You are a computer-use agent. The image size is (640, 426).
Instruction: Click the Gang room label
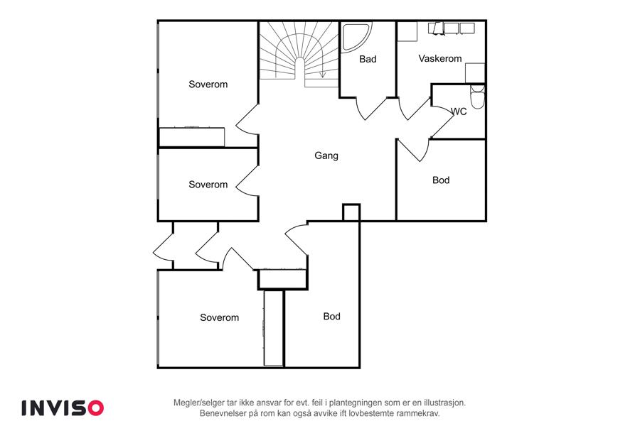[326, 155]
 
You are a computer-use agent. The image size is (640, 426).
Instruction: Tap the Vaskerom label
[440, 58]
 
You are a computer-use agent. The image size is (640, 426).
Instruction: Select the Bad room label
[368, 59]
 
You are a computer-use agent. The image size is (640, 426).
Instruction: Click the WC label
[459, 111]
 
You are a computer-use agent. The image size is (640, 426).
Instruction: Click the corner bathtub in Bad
[355, 38]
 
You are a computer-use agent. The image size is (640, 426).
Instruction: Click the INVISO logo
[63, 408]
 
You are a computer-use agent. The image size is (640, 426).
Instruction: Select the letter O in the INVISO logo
[95, 408]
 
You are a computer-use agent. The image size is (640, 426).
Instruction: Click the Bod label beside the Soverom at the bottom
[332, 317]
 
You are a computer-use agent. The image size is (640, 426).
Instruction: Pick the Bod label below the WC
[441, 180]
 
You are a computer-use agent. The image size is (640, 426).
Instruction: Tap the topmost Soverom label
[208, 84]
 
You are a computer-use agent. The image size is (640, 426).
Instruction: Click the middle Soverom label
[208, 185]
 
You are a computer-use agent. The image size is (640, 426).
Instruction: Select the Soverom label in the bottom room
[220, 317]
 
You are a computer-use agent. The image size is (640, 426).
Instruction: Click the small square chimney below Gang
[351, 212]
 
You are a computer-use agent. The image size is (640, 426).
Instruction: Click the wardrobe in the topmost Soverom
[192, 137]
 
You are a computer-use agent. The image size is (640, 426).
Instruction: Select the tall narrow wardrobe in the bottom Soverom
[274, 328]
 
